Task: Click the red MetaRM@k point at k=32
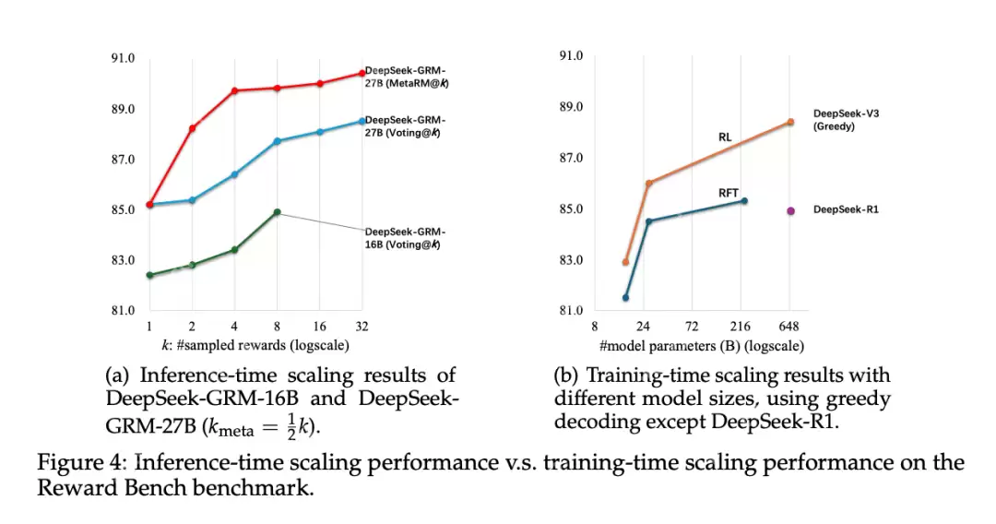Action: point(362,73)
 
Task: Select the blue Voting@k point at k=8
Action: point(277,141)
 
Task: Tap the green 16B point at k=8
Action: point(277,212)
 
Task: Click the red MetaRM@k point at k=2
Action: point(192,128)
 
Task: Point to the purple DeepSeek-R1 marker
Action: point(790,210)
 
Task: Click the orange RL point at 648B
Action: point(790,122)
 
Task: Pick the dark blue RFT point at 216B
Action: point(744,200)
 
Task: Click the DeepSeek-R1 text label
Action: point(846,210)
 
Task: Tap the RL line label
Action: point(726,137)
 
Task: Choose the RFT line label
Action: point(729,193)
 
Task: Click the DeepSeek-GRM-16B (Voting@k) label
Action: point(406,238)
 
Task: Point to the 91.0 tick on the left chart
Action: point(123,58)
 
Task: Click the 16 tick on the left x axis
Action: point(319,327)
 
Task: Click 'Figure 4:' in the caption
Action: point(77,463)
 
